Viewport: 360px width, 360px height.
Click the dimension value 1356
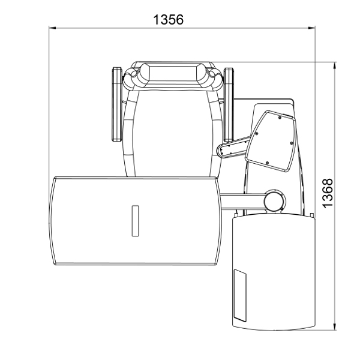(168, 20)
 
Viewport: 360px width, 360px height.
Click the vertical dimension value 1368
(328, 193)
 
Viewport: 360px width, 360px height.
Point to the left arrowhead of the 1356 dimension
(52, 28)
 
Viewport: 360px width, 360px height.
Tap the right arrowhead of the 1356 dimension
(311, 28)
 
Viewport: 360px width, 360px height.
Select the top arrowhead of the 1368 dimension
(335, 65)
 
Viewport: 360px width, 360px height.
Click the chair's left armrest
(117, 104)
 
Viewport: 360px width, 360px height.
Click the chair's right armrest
(229, 104)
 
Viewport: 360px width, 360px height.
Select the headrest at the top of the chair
(173, 75)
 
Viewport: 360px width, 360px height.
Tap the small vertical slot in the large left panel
(135, 221)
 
